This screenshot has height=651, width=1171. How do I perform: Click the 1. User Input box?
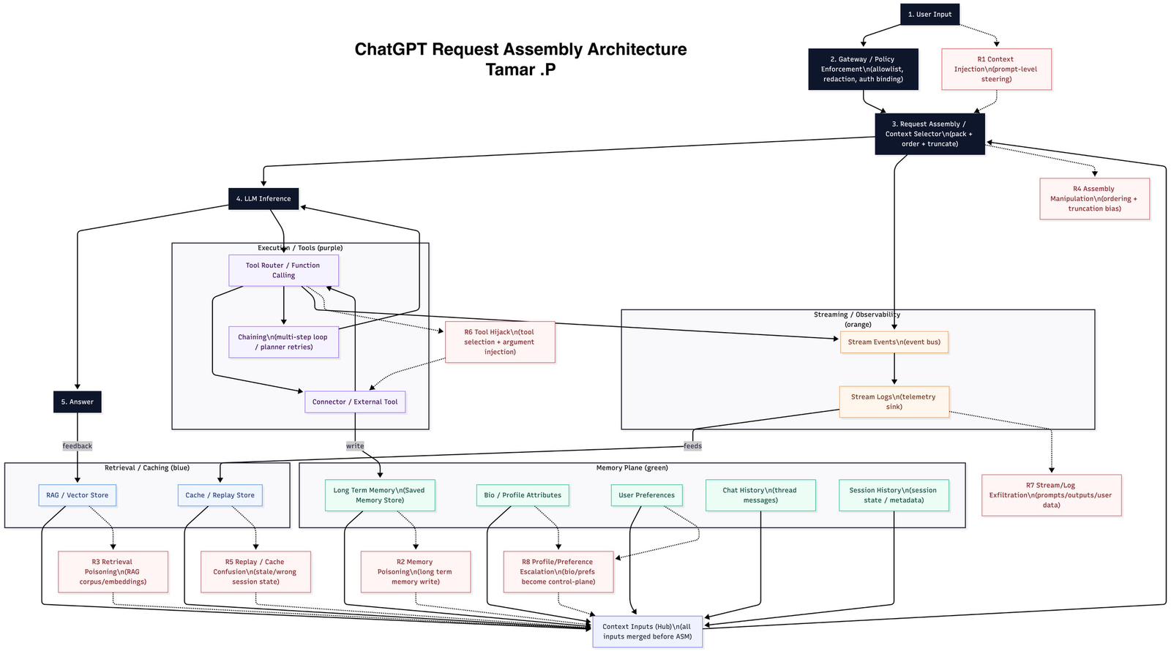click(x=929, y=14)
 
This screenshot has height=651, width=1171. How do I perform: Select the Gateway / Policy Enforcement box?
click(x=863, y=69)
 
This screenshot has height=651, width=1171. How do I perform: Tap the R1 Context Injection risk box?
click(x=996, y=69)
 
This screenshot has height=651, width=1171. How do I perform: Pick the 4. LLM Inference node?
click(x=263, y=199)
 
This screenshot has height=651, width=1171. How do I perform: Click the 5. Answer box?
click(x=78, y=402)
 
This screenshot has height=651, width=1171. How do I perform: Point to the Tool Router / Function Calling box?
click(x=283, y=271)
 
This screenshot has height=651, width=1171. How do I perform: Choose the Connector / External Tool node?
click(x=355, y=402)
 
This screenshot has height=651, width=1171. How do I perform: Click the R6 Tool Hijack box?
click(x=500, y=342)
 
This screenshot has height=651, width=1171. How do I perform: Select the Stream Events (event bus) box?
click(x=894, y=342)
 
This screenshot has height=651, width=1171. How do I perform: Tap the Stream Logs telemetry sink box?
click(x=894, y=402)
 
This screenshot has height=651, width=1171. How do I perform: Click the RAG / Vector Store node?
click(x=78, y=495)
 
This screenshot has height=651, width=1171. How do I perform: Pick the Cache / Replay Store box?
click(x=220, y=495)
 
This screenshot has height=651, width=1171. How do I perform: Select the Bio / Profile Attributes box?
click(x=523, y=495)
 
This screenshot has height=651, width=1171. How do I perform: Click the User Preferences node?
click(x=646, y=495)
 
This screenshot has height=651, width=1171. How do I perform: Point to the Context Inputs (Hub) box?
click(x=647, y=631)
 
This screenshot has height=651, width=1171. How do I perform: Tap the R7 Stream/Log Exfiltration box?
click(x=1051, y=495)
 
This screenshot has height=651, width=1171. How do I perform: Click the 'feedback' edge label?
click(x=78, y=446)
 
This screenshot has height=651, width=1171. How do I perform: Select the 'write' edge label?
click(x=355, y=446)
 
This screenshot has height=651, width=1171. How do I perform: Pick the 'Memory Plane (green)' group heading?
click(x=632, y=468)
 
